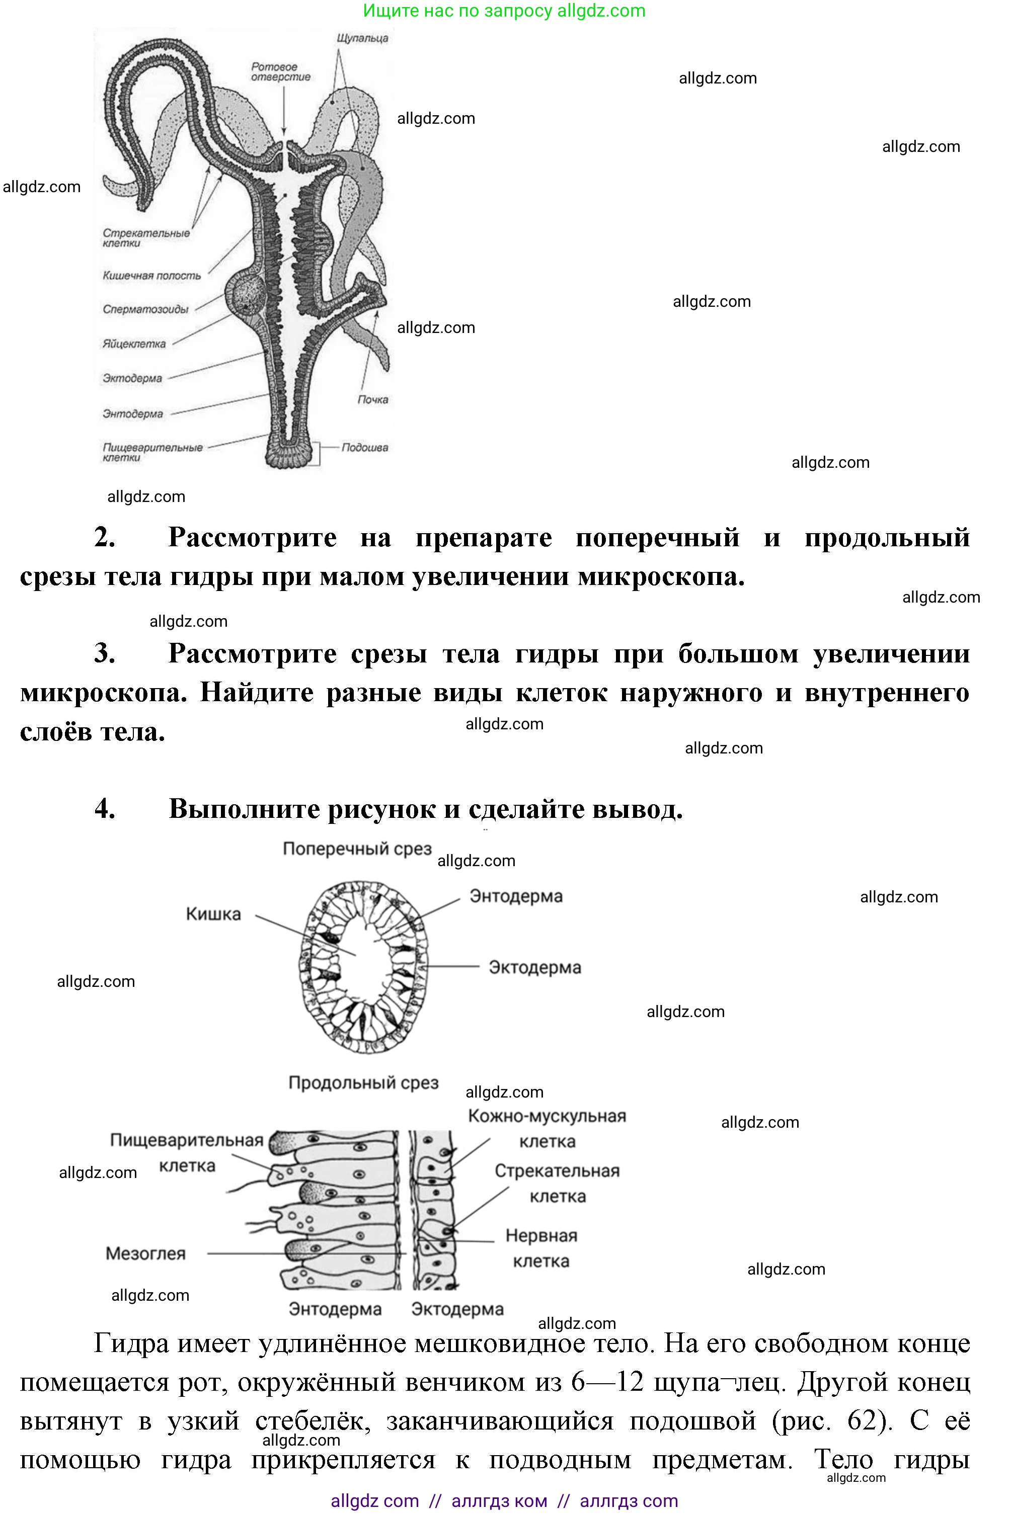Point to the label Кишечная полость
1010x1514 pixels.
click(x=151, y=276)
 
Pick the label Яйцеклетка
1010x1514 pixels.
click(x=134, y=344)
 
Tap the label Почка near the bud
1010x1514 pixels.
click(x=373, y=400)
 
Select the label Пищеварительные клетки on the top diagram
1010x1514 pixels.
click(x=152, y=453)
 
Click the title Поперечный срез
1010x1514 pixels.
click(x=357, y=849)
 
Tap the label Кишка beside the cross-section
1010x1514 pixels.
click(x=213, y=914)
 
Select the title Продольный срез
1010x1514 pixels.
click(x=363, y=1083)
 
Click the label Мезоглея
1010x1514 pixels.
click(x=145, y=1253)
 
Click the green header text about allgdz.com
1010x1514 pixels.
click(x=504, y=11)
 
